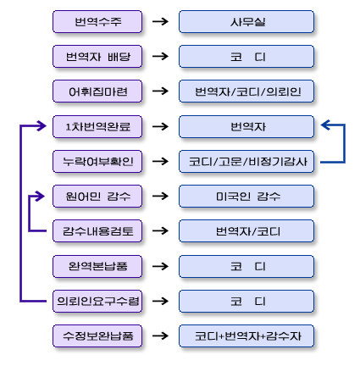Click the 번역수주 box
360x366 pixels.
click(x=97, y=22)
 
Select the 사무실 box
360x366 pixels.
click(x=246, y=22)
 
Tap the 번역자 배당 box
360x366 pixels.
click(x=97, y=57)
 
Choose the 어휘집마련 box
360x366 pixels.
click(x=97, y=91)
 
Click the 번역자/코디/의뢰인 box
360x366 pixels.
click(x=246, y=91)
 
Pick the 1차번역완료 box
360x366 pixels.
click(x=97, y=126)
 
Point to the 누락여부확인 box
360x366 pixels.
click(x=97, y=161)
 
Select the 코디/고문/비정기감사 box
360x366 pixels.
click(x=246, y=161)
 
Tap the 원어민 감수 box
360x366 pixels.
click(x=97, y=196)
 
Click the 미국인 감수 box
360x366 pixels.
click(x=246, y=196)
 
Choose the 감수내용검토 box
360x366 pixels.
click(x=97, y=231)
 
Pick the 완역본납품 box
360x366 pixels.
click(x=97, y=266)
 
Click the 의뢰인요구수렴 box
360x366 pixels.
click(x=97, y=301)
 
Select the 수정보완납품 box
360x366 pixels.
click(x=97, y=335)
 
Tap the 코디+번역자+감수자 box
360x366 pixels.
click(x=246, y=335)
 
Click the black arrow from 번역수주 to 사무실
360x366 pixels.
click(x=160, y=21)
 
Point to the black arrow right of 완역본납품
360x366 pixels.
click(x=160, y=266)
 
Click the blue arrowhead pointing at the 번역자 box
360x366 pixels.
click(x=325, y=125)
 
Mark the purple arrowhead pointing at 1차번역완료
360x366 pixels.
click(x=42, y=125)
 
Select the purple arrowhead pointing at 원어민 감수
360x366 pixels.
click(x=40, y=196)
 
